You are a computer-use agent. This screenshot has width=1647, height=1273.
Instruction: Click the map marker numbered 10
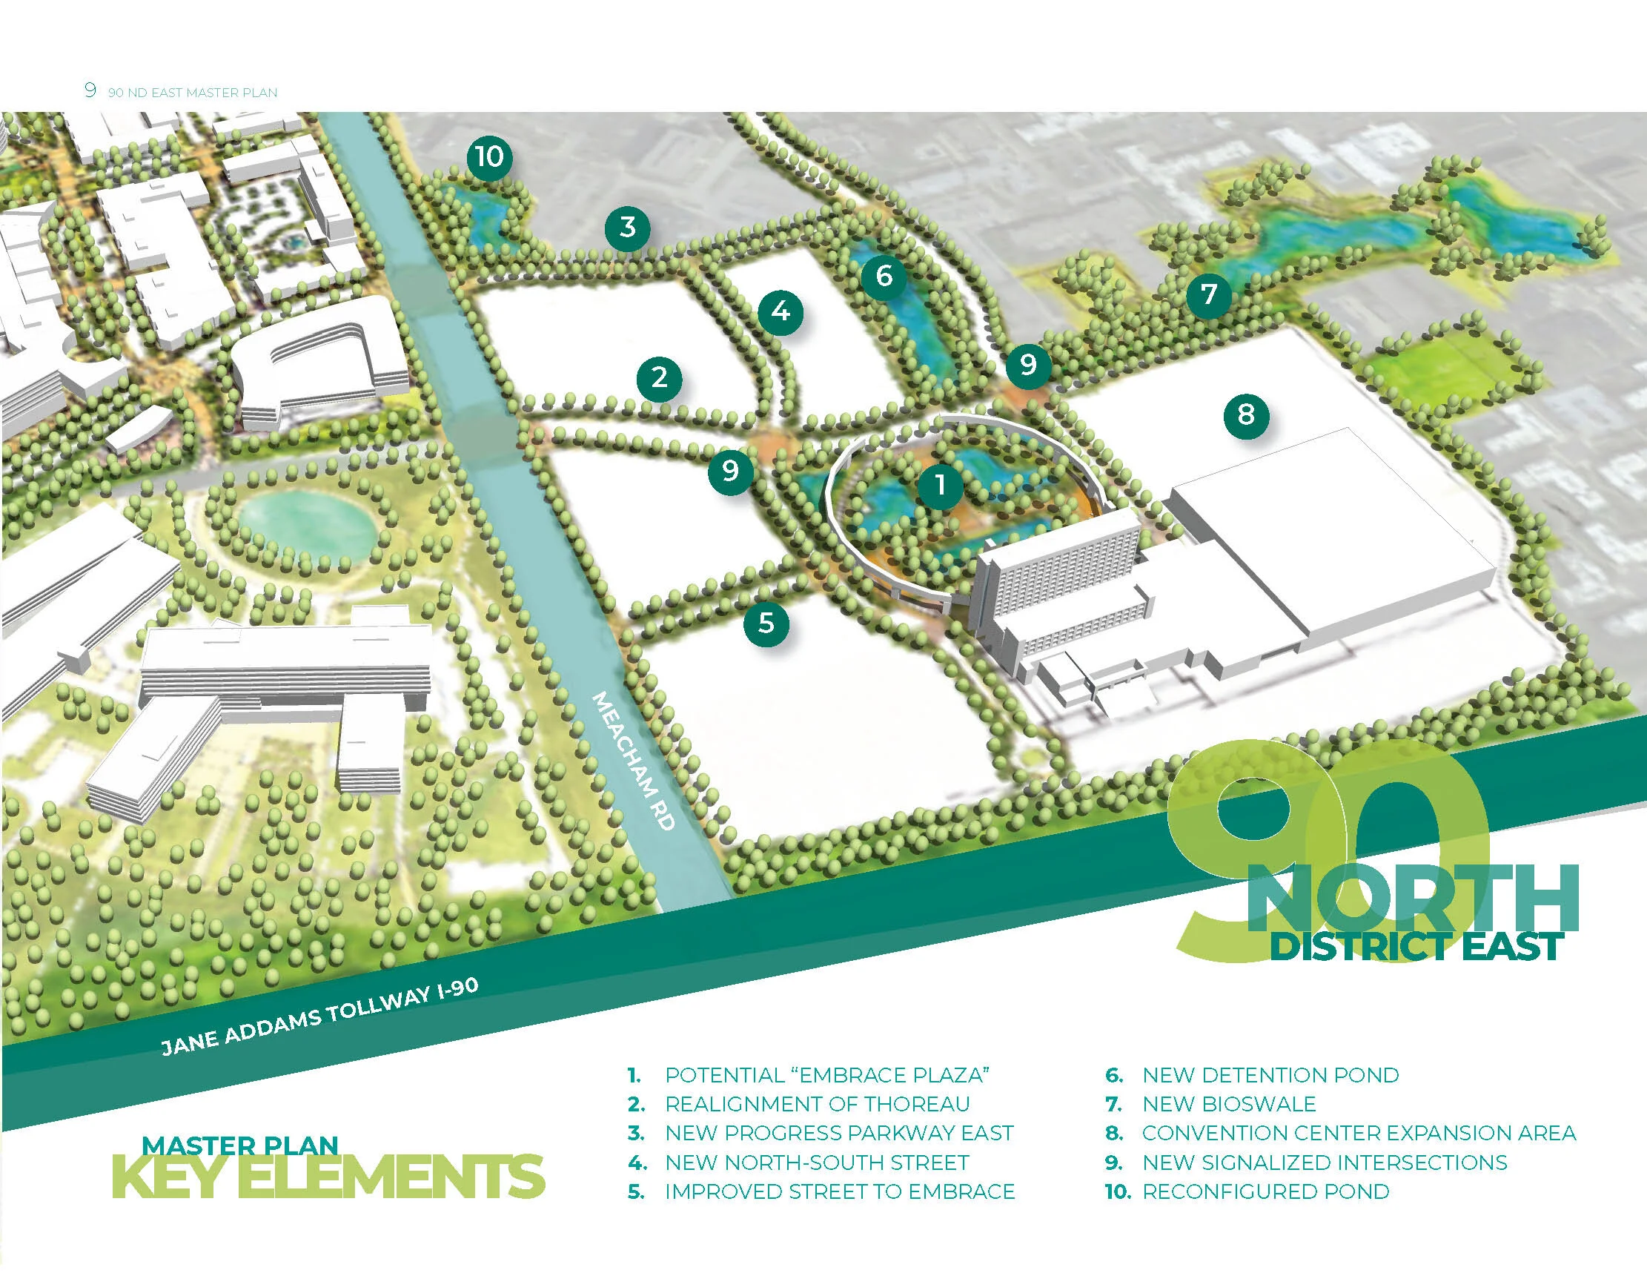coord(489,158)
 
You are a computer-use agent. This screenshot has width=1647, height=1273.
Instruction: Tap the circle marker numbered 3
coord(627,227)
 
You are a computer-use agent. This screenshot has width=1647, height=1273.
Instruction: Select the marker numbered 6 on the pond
coord(884,276)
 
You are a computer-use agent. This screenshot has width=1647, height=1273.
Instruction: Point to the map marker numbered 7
coord(1209,294)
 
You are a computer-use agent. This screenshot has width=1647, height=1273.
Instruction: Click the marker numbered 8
coord(1246,414)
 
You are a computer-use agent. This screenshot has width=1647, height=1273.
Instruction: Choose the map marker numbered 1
coord(940,485)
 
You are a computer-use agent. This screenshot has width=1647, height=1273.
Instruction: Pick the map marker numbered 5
coord(766,623)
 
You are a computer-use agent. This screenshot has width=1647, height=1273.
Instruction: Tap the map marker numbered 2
coord(659,377)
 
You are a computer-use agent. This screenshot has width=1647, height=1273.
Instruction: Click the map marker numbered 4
coord(781,311)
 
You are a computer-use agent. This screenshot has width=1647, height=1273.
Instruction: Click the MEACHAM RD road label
coord(633,761)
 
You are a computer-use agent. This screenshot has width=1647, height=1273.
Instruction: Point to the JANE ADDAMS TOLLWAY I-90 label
coord(319,1016)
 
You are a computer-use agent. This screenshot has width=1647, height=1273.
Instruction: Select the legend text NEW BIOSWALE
coord(1228,1104)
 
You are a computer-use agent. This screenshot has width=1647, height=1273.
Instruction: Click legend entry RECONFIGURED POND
coord(1265,1191)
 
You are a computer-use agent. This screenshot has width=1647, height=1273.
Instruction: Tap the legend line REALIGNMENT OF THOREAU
coord(817,1104)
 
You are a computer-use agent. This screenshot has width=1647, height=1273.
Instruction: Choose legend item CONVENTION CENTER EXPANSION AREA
coord(1358,1133)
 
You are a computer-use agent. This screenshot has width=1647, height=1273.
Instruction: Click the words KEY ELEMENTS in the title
coord(328,1177)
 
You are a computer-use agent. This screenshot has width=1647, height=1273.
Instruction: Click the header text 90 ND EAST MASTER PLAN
coord(192,93)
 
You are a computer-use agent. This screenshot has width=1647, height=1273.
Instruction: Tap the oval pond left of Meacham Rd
coord(307,520)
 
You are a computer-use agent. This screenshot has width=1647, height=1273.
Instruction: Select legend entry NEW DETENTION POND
coord(1270,1075)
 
